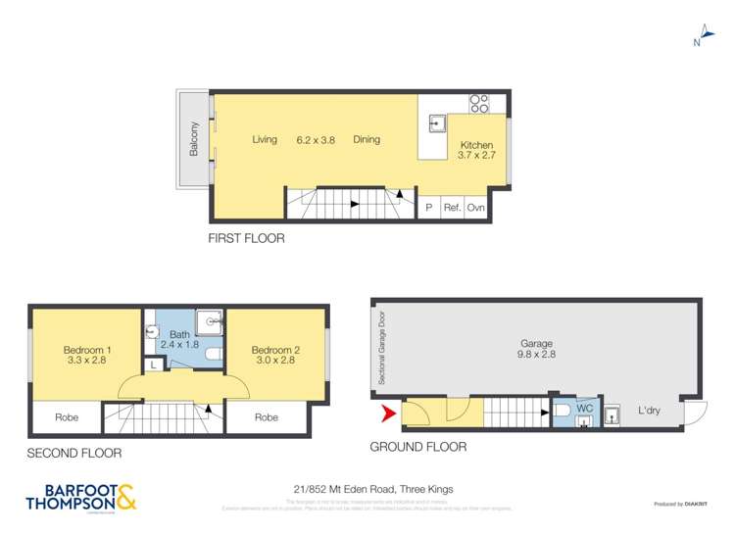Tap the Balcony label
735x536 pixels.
tap(195, 139)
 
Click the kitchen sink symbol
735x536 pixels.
tap(437, 122)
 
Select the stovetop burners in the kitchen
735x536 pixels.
tap(479, 102)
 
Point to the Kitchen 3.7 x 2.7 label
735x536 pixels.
tap(476, 150)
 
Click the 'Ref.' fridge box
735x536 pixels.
tap(452, 207)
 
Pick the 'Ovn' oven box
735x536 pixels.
tap(475, 207)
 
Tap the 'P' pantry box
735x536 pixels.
tap(428, 207)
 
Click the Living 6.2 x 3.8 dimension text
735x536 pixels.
tap(316, 140)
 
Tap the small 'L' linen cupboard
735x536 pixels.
tap(153, 365)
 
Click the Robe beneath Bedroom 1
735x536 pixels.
tap(67, 417)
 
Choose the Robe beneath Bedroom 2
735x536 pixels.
tap(267, 417)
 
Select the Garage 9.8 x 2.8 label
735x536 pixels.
tap(537, 350)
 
